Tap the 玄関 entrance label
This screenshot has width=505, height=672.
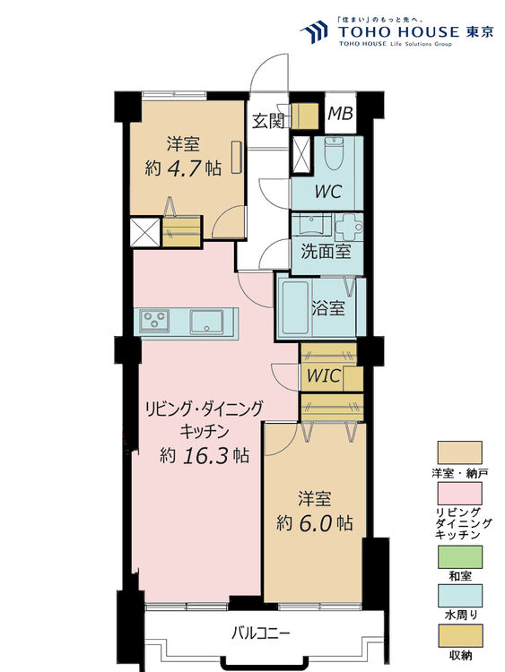pos(267,120)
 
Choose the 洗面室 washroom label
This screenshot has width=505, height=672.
pos(326,253)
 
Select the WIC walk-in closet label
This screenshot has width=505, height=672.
pos(324,377)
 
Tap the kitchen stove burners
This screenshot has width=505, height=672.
pos(153,321)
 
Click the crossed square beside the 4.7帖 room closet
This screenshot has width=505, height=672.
pos(144,232)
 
